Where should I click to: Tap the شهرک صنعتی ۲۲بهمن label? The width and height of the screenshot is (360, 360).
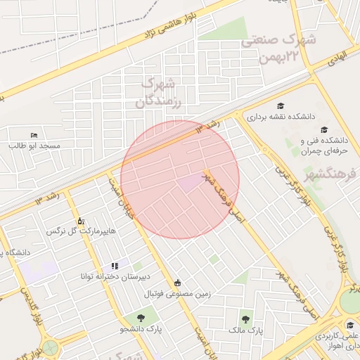278,50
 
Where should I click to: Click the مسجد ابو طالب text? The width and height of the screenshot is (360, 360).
34,146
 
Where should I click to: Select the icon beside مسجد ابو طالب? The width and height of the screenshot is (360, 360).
34,135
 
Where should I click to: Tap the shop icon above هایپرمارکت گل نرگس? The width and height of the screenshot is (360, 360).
79,221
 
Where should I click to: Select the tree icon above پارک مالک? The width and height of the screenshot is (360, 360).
245,319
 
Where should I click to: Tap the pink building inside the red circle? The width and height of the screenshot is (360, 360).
188,183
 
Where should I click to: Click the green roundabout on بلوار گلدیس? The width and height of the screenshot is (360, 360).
50,348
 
